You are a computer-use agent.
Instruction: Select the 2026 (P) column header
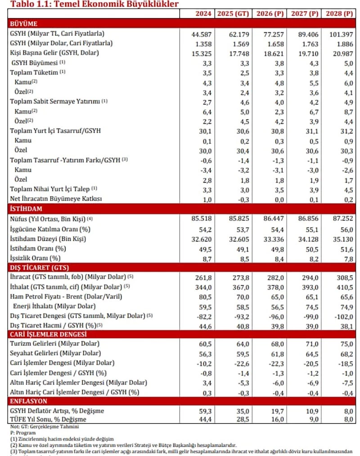pyautogui.click(x=270, y=13)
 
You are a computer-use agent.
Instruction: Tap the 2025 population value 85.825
pyautogui.click(x=234, y=219)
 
